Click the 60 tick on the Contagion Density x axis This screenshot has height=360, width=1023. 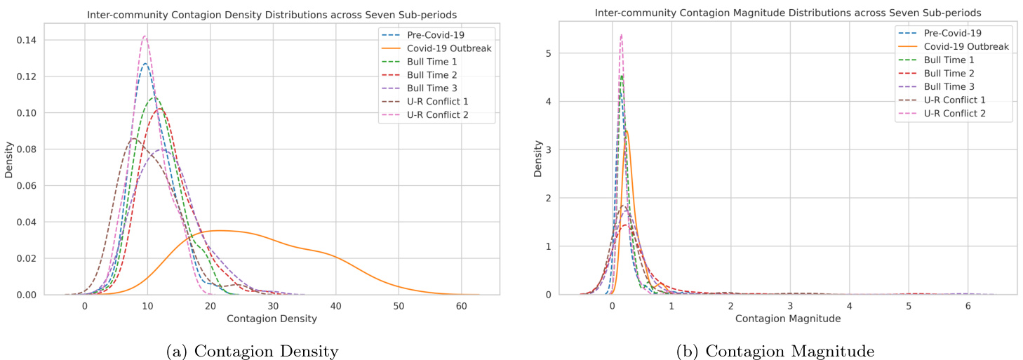[461, 307]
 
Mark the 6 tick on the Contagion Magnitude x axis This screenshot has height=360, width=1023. [968, 307]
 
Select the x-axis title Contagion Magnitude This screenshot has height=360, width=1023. [787, 319]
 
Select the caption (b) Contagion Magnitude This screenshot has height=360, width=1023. [775, 349]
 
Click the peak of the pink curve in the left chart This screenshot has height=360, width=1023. [145, 36]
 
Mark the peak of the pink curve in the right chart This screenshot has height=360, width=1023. [621, 34]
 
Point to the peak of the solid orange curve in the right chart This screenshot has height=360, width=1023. [627, 130]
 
